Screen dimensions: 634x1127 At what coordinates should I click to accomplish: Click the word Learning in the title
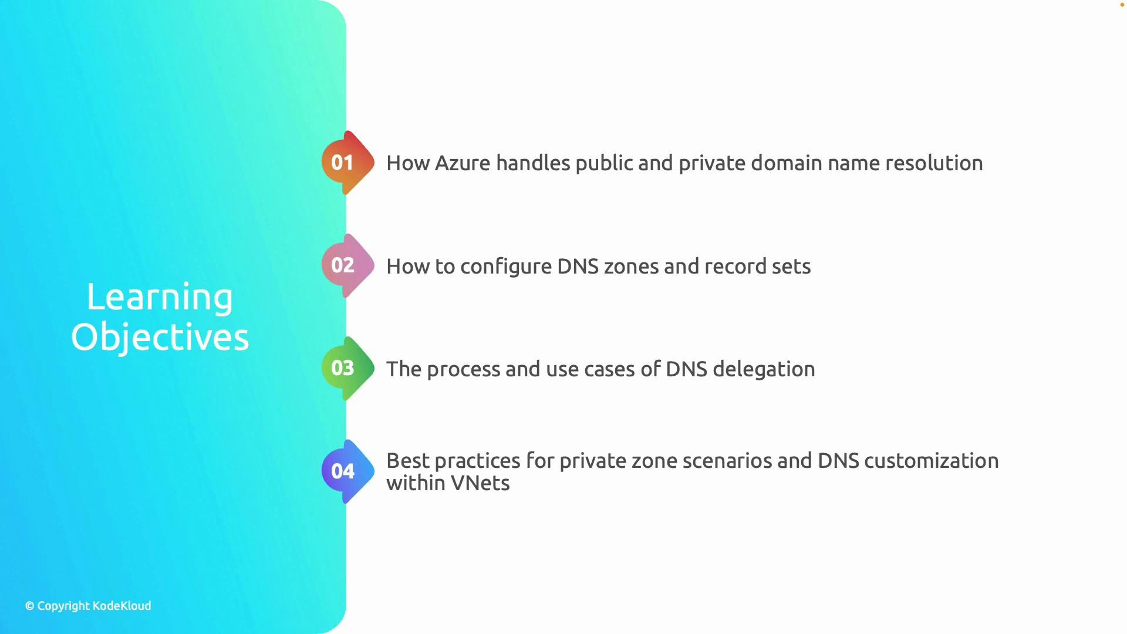[160, 297]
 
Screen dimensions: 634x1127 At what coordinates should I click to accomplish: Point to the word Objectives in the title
[160, 338]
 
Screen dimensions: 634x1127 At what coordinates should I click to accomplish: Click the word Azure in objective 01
[462, 163]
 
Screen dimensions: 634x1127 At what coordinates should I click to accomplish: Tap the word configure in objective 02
[505, 267]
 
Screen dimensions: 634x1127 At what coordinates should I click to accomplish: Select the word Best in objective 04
[407, 461]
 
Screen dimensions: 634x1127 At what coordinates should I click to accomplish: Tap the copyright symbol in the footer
[30, 606]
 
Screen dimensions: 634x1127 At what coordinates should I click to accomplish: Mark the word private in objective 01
[711, 163]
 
